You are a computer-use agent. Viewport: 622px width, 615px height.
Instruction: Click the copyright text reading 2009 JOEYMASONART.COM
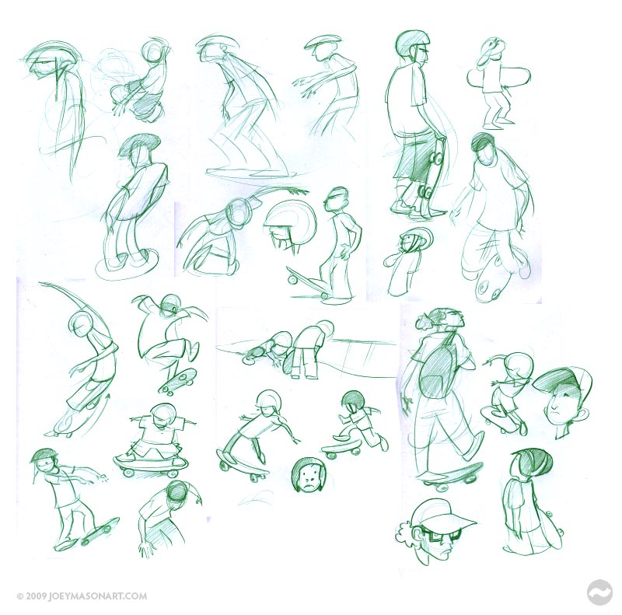(x=82, y=596)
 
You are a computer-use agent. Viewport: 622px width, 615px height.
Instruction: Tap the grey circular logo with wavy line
(x=599, y=592)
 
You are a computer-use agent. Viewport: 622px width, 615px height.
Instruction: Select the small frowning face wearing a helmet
(x=308, y=474)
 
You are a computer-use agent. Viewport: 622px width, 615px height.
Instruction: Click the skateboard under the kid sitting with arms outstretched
(x=151, y=464)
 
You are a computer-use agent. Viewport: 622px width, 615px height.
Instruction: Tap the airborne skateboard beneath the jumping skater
(x=176, y=382)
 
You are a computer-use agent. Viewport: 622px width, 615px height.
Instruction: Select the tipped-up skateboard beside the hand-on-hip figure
(x=307, y=281)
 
